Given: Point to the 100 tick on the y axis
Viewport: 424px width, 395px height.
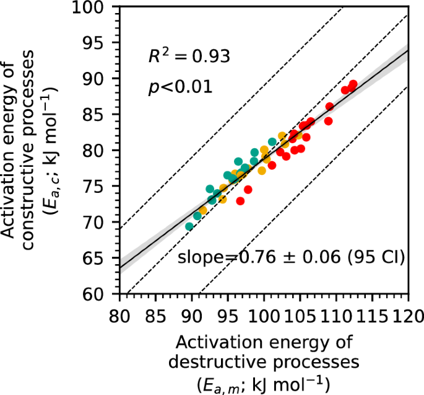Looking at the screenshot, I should (x=94, y=7).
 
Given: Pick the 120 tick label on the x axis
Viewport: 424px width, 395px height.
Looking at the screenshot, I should (x=408, y=314).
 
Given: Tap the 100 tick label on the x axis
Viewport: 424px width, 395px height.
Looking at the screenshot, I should (x=264, y=314).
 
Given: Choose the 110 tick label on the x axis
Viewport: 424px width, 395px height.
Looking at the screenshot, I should (x=336, y=314).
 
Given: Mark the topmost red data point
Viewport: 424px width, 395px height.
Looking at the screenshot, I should (x=353, y=84).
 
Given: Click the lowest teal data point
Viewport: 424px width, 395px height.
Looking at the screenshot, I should (x=189, y=226).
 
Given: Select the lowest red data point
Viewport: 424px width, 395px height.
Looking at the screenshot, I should (x=240, y=201).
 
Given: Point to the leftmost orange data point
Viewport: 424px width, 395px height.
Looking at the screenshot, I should (x=203, y=211).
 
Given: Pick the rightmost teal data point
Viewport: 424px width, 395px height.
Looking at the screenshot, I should (x=272, y=142).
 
